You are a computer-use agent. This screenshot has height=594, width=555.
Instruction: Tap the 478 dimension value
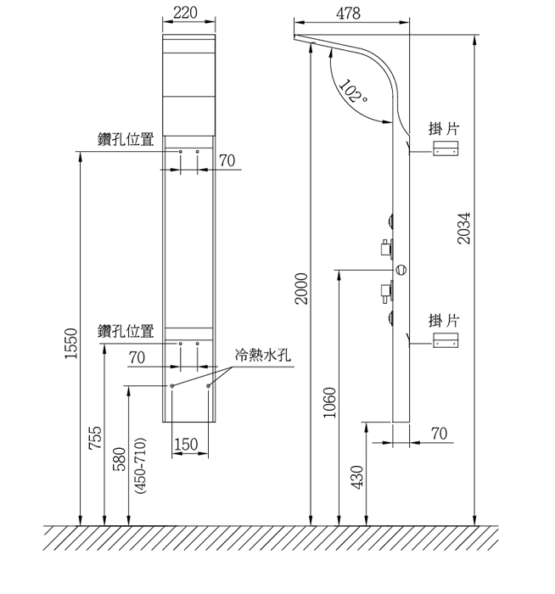tap(348, 14)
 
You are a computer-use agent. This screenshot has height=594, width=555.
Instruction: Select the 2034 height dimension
tap(464, 227)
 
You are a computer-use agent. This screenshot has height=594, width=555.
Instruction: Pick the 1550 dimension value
tap(71, 343)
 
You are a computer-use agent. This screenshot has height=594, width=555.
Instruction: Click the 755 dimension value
tap(95, 438)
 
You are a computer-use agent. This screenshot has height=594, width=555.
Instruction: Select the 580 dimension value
tap(120, 459)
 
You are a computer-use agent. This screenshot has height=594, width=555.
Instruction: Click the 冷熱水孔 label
tap(262, 356)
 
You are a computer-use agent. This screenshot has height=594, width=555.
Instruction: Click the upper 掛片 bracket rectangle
tap(446, 149)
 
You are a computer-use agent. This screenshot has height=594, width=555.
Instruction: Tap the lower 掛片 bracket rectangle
tap(446, 342)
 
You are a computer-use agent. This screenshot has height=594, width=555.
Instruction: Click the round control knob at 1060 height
tap(401, 270)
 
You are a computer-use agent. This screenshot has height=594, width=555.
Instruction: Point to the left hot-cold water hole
tap(172, 386)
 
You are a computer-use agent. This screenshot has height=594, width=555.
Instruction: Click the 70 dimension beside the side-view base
tap(439, 433)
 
